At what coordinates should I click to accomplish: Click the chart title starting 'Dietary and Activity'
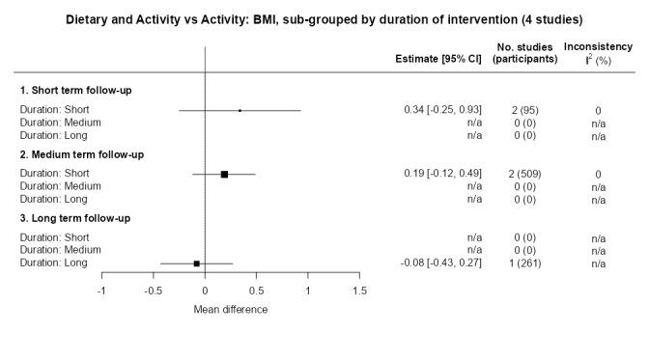coord(324,19)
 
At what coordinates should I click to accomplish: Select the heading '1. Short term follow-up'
coord(76,91)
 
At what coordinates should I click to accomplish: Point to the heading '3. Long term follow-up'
coord(74,218)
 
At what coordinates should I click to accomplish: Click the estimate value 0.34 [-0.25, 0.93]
coord(442,110)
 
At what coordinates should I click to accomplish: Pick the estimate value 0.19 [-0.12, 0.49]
coord(442,174)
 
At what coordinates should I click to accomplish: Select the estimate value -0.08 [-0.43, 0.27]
coord(440,263)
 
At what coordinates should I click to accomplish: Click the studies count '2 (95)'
coord(524,110)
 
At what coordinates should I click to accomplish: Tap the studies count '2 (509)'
coord(524,174)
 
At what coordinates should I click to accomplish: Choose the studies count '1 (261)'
coord(524,263)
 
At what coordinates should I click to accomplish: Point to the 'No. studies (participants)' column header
coord(524,52)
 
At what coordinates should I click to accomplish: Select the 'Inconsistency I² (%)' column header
coord(599,52)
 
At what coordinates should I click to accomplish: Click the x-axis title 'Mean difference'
coord(231,310)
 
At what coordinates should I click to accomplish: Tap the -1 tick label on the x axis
coord(101,291)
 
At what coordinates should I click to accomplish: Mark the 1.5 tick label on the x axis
coord(359,291)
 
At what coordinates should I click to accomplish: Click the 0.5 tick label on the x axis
coord(256,291)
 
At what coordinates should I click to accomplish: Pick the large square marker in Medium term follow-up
coord(224,174)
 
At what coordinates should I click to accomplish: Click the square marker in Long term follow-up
coord(197,263)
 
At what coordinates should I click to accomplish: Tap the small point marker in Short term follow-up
coord(240,110)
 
